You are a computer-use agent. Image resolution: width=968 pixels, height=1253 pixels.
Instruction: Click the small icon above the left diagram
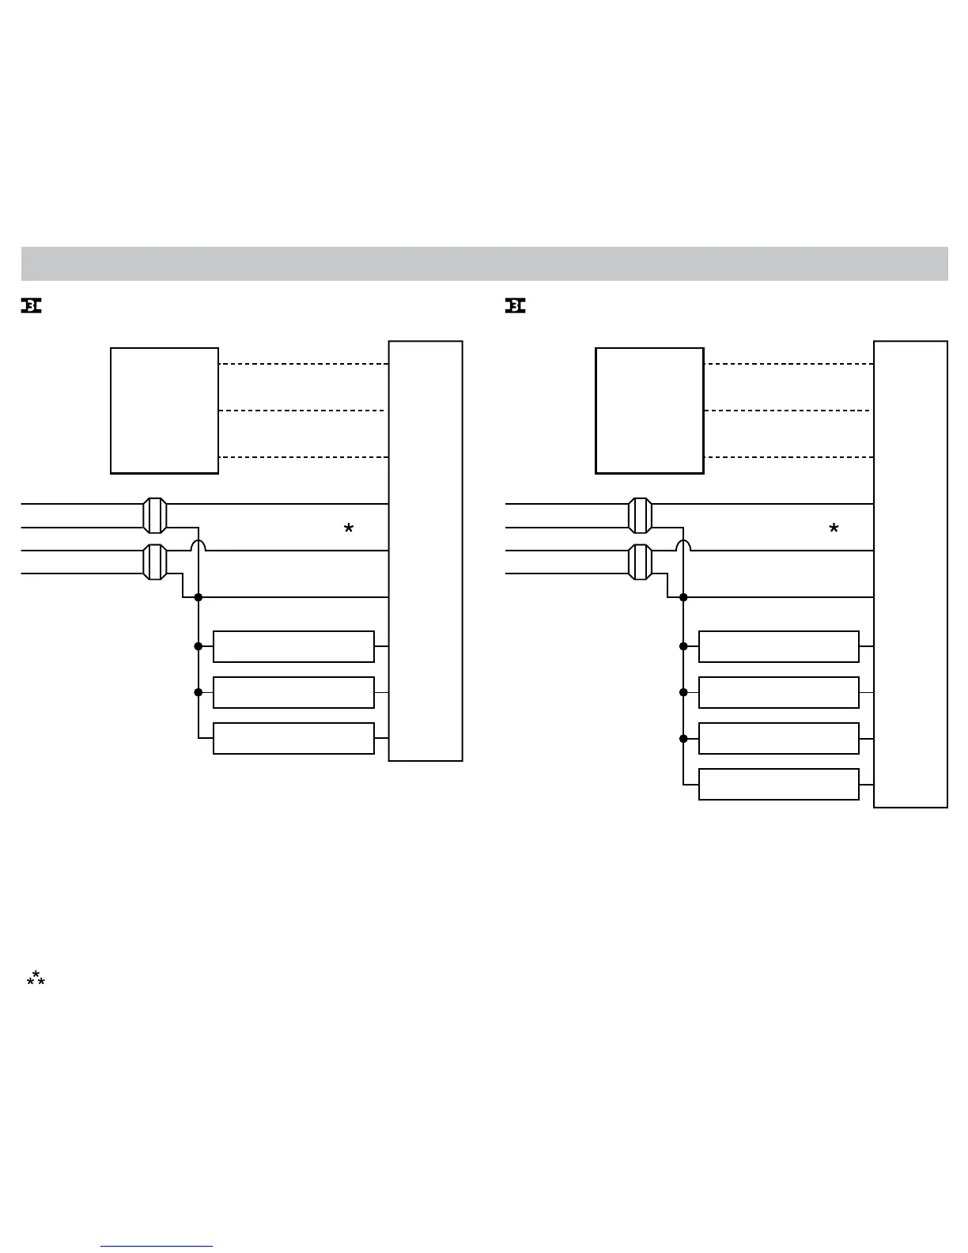click(x=31, y=306)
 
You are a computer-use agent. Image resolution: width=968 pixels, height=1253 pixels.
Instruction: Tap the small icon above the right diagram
click(x=516, y=306)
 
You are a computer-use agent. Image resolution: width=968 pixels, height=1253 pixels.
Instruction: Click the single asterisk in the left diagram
click(x=348, y=529)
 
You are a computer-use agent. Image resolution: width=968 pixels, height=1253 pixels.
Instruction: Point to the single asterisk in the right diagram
click(x=834, y=529)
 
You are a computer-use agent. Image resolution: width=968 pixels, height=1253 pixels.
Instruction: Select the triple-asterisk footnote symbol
click(x=36, y=980)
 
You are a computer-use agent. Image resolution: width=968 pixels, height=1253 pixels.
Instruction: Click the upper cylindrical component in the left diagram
click(x=155, y=516)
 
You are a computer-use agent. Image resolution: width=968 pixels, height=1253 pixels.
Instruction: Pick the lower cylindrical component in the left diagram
click(x=155, y=562)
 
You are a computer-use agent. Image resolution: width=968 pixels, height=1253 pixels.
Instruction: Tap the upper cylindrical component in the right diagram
click(x=640, y=516)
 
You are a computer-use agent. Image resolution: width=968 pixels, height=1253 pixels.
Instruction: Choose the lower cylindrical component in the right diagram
click(x=640, y=562)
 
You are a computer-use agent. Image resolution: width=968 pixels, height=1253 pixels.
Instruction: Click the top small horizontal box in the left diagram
click(x=293, y=646)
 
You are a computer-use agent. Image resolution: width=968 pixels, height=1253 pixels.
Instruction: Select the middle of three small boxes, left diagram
click(x=293, y=692)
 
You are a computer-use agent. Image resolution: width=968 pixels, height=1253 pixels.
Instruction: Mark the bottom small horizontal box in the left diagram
click(x=293, y=738)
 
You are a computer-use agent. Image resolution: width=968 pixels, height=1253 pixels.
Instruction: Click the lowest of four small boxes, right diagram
click(x=778, y=784)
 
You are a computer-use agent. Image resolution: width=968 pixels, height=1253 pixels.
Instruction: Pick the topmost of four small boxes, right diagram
click(x=778, y=646)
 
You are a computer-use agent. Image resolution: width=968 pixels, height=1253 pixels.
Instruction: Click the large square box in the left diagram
click(x=164, y=411)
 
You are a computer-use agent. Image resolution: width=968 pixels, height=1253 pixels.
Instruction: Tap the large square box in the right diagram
click(x=649, y=411)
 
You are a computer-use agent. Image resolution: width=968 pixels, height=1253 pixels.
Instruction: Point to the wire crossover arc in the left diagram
click(x=199, y=545)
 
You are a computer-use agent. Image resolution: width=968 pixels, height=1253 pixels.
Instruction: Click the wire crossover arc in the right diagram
click(x=683, y=545)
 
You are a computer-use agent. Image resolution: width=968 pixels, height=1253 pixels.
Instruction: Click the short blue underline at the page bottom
click(x=157, y=1247)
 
